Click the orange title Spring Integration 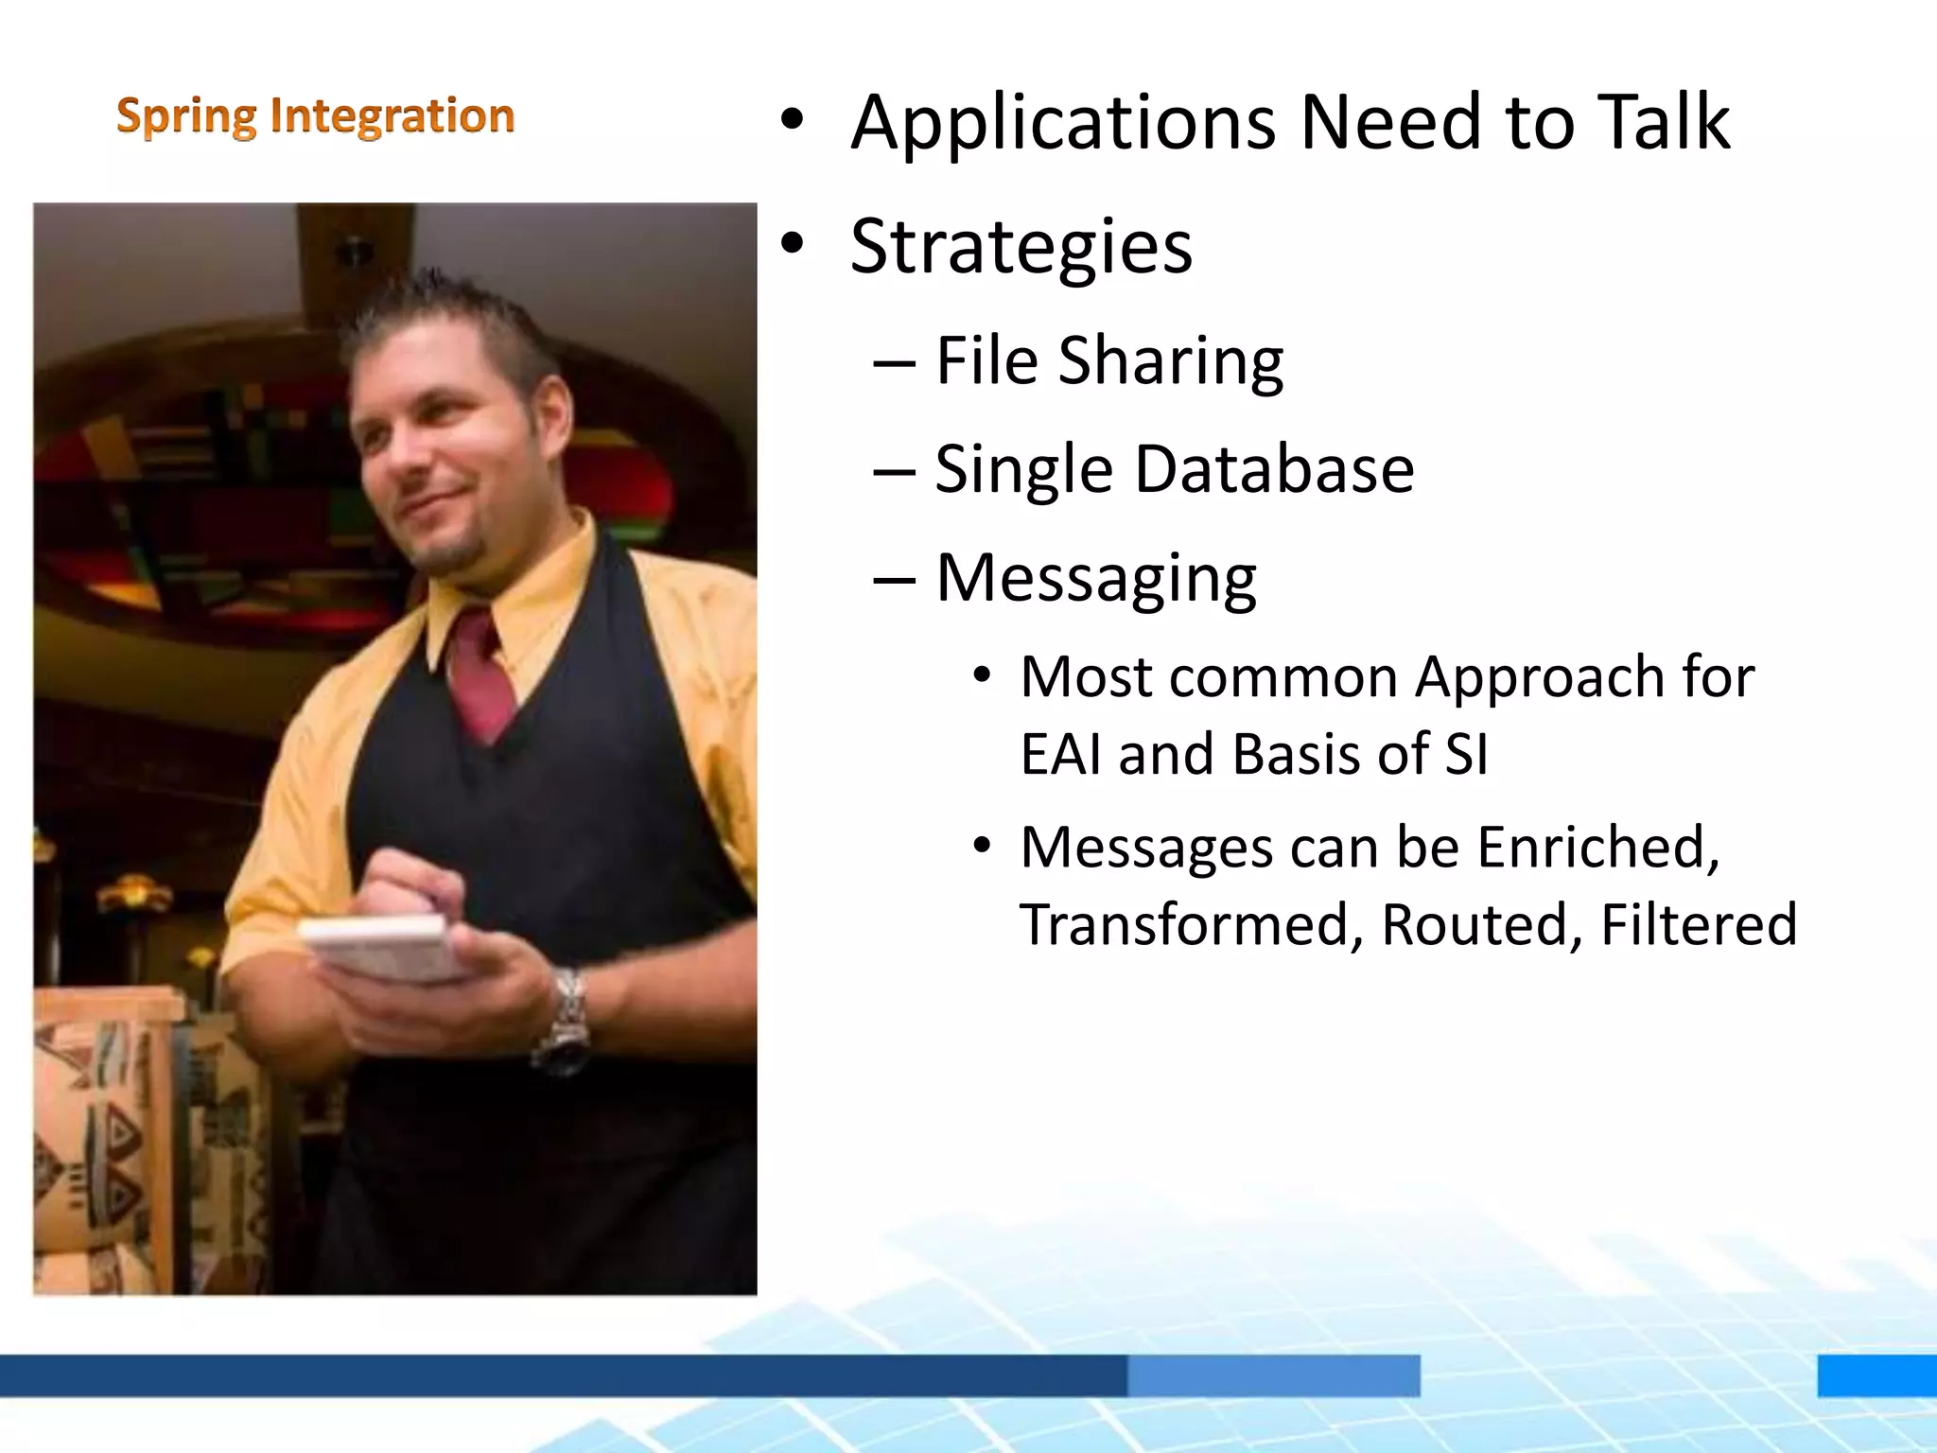315,116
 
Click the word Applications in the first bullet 1063,123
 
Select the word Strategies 1021,248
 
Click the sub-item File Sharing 1108,361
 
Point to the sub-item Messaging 1095,579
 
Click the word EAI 1061,755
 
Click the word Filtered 1699,925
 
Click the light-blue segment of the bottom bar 1273,1374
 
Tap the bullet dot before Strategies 793,245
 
